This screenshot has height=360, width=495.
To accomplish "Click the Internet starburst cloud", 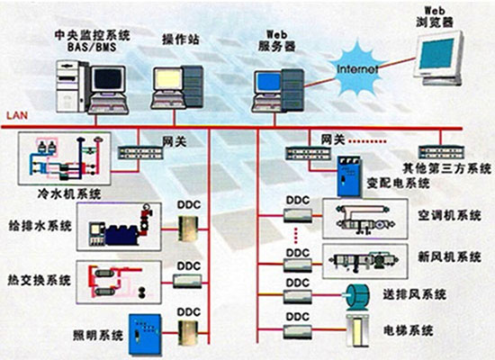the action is point(356,69).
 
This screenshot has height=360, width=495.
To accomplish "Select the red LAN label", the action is point(17,115).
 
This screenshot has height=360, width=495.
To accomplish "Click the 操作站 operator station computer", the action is point(176,87).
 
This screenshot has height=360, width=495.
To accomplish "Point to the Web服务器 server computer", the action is point(278,91).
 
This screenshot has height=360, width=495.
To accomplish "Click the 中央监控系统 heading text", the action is point(92,35).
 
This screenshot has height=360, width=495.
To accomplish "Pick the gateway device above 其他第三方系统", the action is point(441,152).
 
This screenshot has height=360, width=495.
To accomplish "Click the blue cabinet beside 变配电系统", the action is point(349,175).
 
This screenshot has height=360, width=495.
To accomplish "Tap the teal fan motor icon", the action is point(357,297).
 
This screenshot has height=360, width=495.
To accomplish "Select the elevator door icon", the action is point(357,330).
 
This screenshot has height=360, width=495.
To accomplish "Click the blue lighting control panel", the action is point(145,334).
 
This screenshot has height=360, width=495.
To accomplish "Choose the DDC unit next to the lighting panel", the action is point(188,332).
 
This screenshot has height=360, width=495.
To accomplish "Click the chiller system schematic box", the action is point(65,158).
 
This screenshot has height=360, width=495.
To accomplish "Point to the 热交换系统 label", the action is point(40,280).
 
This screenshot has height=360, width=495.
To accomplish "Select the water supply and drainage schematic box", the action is point(119,227).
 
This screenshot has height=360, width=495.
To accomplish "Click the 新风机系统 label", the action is point(449,256).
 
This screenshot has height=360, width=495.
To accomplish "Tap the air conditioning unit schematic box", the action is point(364,219).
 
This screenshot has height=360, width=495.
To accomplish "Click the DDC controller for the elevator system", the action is point(298,332).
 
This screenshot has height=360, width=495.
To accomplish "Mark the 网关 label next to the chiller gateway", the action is point(175,141).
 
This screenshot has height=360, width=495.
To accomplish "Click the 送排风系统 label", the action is point(415,294).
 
